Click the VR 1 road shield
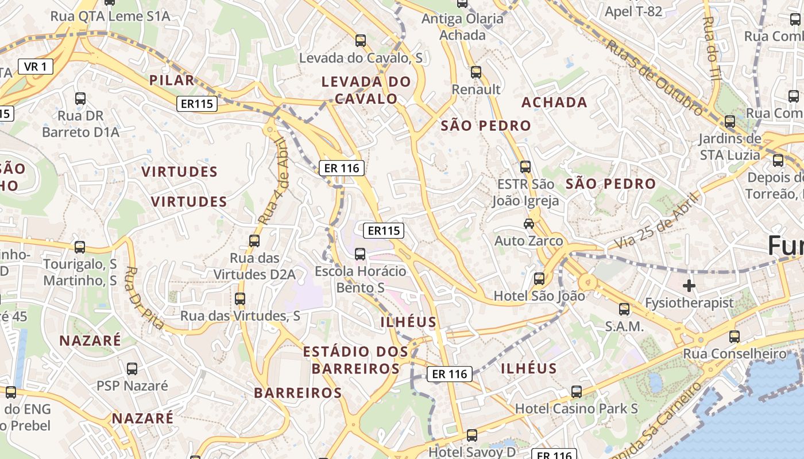[x=35, y=67]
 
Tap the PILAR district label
[x=172, y=80]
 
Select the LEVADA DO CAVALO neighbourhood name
[x=366, y=90]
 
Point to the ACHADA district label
[x=554, y=103]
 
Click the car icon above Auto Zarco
[x=528, y=223]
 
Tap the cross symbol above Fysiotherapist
[x=689, y=285]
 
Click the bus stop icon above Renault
[x=476, y=72]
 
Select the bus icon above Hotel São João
[x=539, y=279]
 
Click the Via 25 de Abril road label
[x=658, y=221]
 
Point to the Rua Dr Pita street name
[x=144, y=298]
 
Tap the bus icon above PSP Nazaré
[x=132, y=369]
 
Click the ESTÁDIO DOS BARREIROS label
[x=355, y=360]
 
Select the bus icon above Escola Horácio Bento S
[x=360, y=254]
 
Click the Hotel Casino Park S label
[x=577, y=409]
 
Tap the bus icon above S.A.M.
[x=624, y=309]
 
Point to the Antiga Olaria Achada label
[x=462, y=27]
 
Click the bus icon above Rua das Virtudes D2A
[x=254, y=241]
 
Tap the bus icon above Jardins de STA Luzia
[x=729, y=122]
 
